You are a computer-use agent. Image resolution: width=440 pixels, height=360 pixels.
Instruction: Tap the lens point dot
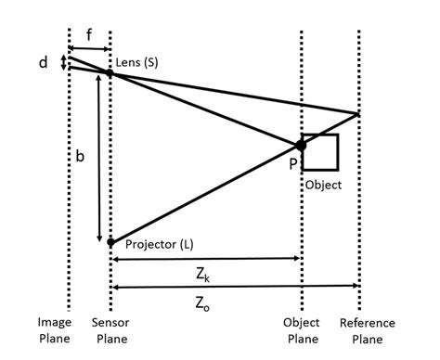pyautogui.click(x=110, y=73)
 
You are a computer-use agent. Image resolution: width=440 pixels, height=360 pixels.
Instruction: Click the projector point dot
pyautogui.click(x=110, y=242)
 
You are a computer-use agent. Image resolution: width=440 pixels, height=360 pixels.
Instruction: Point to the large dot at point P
pyautogui.click(x=301, y=145)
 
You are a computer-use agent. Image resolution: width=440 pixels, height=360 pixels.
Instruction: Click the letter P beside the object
pyautogui.click(x=293, y=163)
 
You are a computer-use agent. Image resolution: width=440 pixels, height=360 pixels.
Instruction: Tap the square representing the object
pyautogui.click(x=321, y=151)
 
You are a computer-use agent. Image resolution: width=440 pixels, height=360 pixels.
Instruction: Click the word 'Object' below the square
pyautogui.click(x=323, y=185)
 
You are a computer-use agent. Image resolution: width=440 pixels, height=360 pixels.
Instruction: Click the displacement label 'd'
pyautogui.click(x=44, y=63)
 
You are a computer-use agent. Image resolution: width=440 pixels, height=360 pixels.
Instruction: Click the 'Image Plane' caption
pyautogui.click(x=54, y=328)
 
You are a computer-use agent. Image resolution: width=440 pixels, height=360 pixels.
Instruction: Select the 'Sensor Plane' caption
pyautogui.click(x=110, y=328)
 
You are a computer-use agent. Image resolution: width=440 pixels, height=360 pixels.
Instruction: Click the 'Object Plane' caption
pyautogui.click(x=301, y=328)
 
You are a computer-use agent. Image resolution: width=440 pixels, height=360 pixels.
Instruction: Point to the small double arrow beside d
pyautogui.click(x=62, y=63)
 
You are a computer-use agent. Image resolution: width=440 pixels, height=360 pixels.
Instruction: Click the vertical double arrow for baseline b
pyautogui.click(x=98, y=158)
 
